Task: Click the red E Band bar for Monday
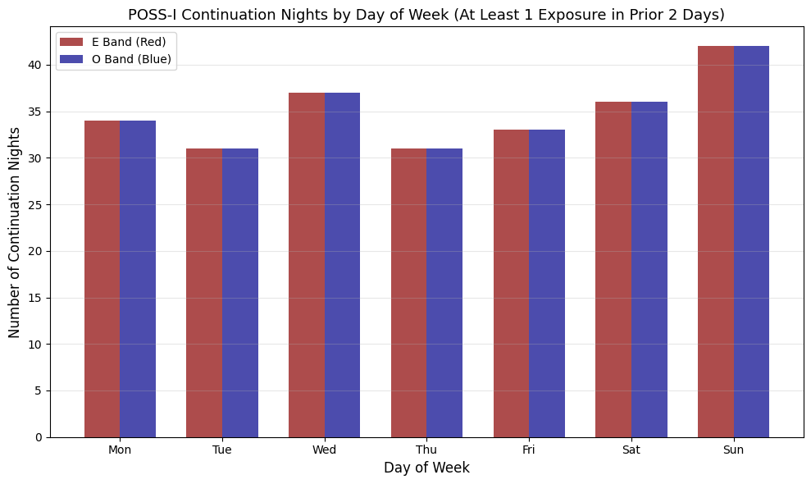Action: [102, 279]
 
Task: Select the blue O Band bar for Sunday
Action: [751, 242]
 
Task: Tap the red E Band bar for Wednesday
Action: [307, 265]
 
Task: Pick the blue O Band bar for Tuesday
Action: [240, 293]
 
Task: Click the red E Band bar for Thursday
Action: [408, 293]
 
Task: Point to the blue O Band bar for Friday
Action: [547, 283]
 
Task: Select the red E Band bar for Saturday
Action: [613, 269]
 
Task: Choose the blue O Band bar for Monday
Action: [138, 279]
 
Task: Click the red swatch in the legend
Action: [71, 42]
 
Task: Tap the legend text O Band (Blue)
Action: [131, 59]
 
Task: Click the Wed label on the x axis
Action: [324, 450]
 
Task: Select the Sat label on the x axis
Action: [631, 450]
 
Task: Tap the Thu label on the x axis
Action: [426, 450]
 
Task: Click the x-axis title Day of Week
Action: [426, 468]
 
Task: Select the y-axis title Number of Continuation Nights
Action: [15, 232]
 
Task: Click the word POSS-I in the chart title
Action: [152, 14]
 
